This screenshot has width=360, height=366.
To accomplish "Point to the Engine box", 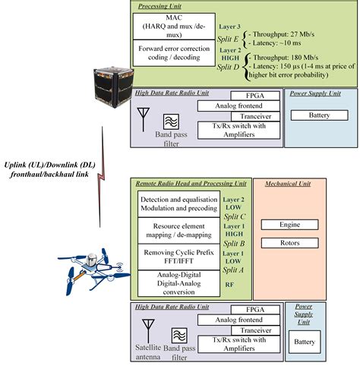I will click(283, 225).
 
